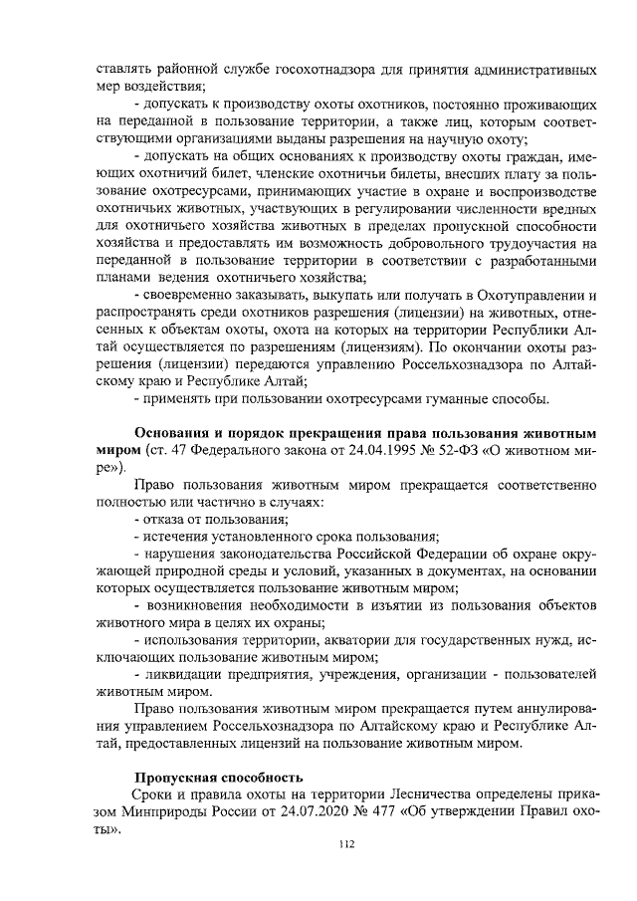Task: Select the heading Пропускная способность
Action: pyautogui.click(x=219, y=777)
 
